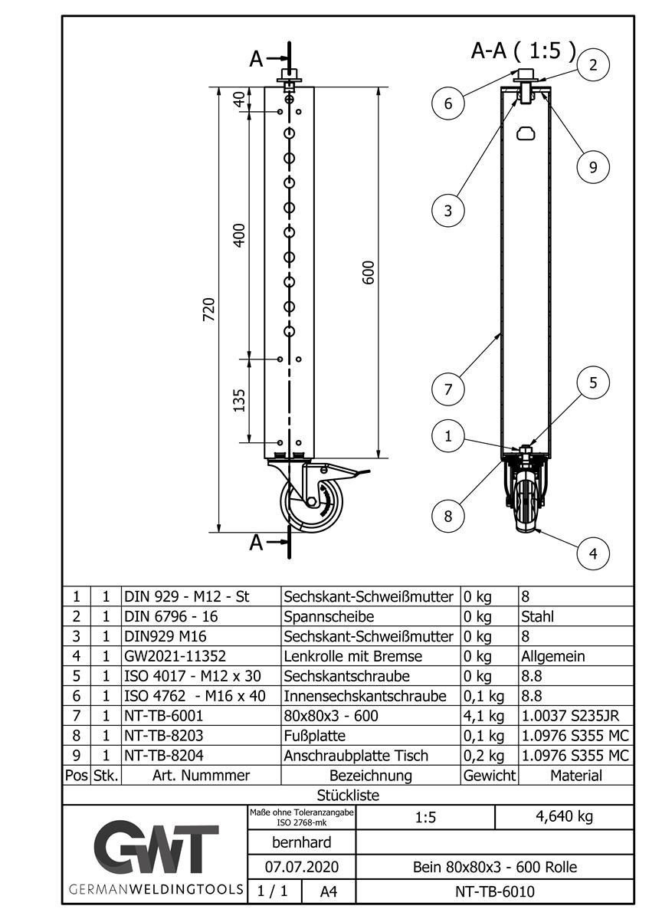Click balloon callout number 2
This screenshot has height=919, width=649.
click(x=593, y=65)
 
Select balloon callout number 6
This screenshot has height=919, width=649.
click(x=448, y=103)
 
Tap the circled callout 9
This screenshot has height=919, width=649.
click(x=593, y=166)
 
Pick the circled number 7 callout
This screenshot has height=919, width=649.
click(x=448, y=389)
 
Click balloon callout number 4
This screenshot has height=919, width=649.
click(x=593, y=553)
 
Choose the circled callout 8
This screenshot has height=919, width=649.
click(x=448, y=515)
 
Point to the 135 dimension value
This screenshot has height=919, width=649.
click(x=238, y=400)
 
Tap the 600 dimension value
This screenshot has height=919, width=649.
click(x=369, y=273)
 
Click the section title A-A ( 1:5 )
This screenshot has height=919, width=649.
click(x=523, y=51)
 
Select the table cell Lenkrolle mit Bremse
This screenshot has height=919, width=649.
click(x=353, y=656)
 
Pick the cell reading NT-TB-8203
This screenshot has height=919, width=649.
click(x=162, y=736)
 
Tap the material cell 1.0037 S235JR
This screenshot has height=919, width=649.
click(x=575, y=716)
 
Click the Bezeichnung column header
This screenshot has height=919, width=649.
click(x=370, y=776)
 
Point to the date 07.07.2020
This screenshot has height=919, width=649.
click(x=301, y=867)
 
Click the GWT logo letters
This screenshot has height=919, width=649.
click(x=156, y=849)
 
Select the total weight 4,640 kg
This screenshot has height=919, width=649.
click(x=563, y=817)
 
